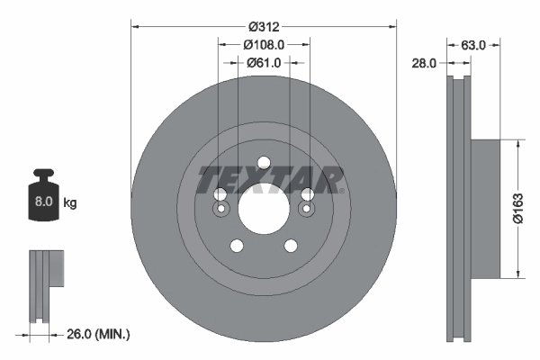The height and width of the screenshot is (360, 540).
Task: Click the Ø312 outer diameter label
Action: pos(264,26)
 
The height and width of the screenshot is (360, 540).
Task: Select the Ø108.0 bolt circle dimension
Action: pos(264,44)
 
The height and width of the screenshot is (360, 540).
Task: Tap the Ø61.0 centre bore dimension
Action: pos(264,62)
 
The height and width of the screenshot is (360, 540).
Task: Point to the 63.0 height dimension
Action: pos(473,44)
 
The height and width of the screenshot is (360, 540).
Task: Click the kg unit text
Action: pos(70,203)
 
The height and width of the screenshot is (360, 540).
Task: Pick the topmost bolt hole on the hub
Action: pos(264,164)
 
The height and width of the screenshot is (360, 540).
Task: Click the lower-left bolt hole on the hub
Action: pos(237,246)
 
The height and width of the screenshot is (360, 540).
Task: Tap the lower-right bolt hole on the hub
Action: pos(291,246)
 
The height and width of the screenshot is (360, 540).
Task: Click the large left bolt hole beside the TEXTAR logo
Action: pos(220,194)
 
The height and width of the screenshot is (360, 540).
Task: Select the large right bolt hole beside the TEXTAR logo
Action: pos(307,194)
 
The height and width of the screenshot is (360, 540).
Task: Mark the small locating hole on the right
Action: pos(306,211)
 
